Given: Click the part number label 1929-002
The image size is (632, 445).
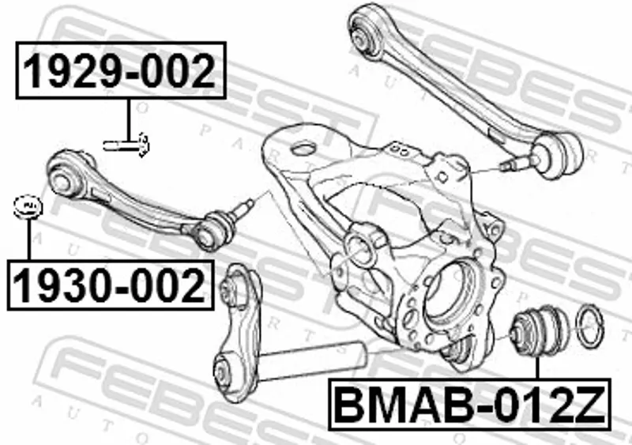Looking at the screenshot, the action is coord(121,70).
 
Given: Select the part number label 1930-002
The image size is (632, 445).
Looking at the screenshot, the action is coord(111,285).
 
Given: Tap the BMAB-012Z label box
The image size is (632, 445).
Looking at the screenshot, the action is coord(469,404).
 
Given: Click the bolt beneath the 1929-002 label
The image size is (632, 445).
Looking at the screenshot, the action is coord(126,145).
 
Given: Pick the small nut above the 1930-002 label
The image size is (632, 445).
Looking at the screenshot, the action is coord(28,207).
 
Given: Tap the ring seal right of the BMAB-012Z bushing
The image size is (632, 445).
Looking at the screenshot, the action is coord(591,326).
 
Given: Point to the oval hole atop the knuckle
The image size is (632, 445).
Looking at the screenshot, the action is coord(303,149).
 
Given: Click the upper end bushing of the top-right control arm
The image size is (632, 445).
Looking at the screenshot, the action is coord(365,34).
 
